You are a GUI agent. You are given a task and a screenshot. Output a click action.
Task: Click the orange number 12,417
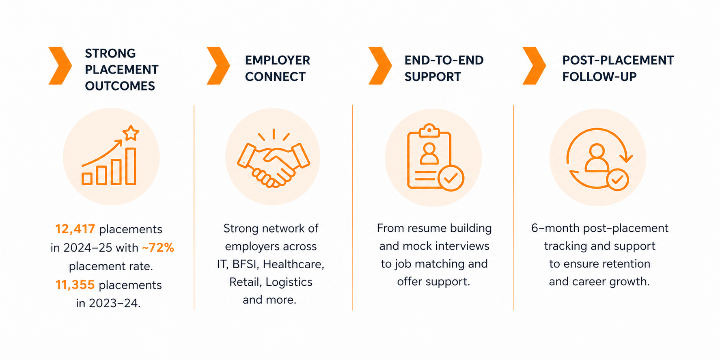click(x=75, y=229)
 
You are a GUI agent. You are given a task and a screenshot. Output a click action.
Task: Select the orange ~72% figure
click(x=158, y=248)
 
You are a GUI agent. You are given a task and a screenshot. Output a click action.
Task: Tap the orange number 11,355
click(x=75, y=285)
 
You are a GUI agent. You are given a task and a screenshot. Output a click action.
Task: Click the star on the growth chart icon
click(x=131, y=133)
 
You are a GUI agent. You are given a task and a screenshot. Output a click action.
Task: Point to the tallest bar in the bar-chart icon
click(x=131, y=166)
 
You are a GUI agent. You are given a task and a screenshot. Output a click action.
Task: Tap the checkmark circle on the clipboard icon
click(x=451, y=178)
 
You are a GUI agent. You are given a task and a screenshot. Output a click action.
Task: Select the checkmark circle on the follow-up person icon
click(x=617, y=179)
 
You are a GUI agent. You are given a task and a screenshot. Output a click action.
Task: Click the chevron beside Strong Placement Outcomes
click(x=60, y=66)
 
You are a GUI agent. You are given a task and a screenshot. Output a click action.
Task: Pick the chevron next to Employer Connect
click(x=218, y=66)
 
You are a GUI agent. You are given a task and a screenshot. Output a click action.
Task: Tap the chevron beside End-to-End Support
click(x=380, y=66)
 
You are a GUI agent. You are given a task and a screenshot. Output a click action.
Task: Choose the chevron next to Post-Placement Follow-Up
click(x=534, y=66)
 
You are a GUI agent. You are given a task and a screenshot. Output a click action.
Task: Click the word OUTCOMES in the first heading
click(x=120, y=86)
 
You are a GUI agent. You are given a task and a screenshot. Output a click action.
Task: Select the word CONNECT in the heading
click(x=275, y=77)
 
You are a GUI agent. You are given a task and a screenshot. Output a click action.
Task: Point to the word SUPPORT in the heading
click(x=433, y=77)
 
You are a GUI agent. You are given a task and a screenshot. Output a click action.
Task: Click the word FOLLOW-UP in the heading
click(x=599, y=77)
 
